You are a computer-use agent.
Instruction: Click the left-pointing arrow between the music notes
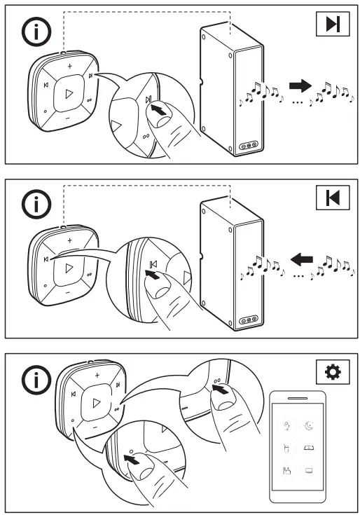pyautogui.click(x=301, y=261)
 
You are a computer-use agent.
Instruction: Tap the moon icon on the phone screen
pyautogui.click(x=310, y=425)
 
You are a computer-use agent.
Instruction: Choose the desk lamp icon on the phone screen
pyautogui.click(x=286, y=425)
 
